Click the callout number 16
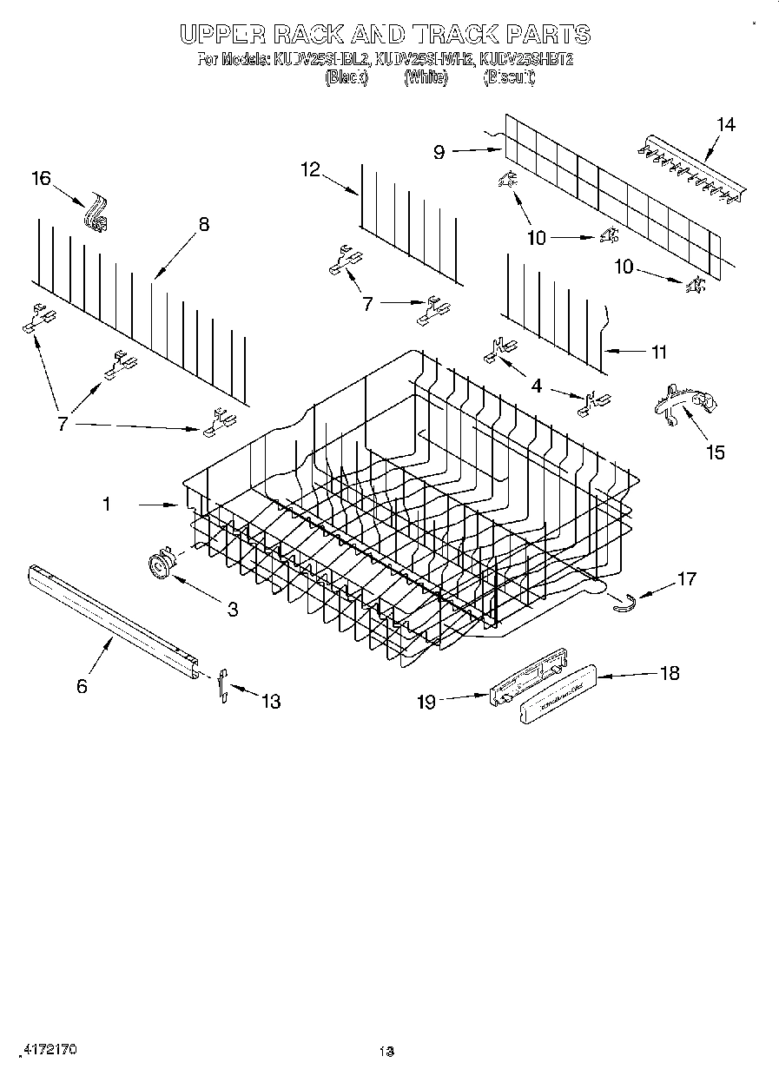[x=41, y=179]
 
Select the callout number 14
[x=725, y=125]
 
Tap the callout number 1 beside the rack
[x=107, y=504]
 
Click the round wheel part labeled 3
[x=160, y=565]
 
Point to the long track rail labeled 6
[x=113, y=619]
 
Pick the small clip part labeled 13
[x=222, y=684]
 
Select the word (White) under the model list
[x=426, y=77]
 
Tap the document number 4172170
[x=48, y=1049]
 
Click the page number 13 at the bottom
[x=387, y=1052]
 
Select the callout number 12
[x=311, y=169]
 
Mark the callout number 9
[x=439, y=152]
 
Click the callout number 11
[x=659, y=352]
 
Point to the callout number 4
[x=536, y=386]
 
